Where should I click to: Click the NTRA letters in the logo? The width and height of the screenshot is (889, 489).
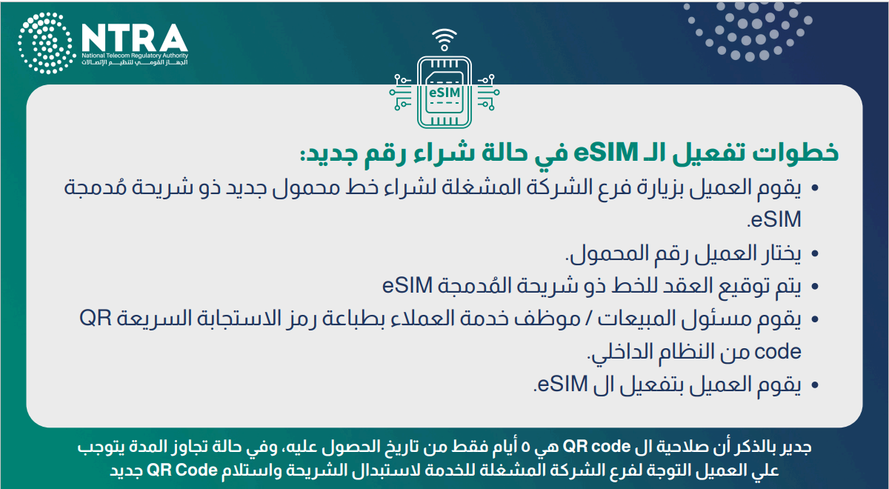tap(135, 38)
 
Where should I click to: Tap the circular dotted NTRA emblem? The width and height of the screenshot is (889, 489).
tap(47, 43)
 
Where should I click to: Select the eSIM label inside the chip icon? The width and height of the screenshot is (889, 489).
tap(444, 93)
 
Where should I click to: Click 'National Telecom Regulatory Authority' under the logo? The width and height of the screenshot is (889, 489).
tap(135, 56)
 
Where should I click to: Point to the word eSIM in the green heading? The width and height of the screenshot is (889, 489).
tap(606, 153)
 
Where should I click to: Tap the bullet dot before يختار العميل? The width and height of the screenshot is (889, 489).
tap(815, 253)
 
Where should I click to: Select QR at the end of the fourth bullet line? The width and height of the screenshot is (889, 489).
tap(96, 319)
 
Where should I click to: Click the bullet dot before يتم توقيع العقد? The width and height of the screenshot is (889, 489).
tap(815, 286)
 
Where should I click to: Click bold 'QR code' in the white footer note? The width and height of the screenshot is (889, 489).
tap(596, 447)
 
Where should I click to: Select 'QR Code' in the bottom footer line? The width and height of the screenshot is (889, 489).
tap(182, 470)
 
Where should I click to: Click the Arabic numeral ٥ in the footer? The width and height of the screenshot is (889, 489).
tap(525, 448)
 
